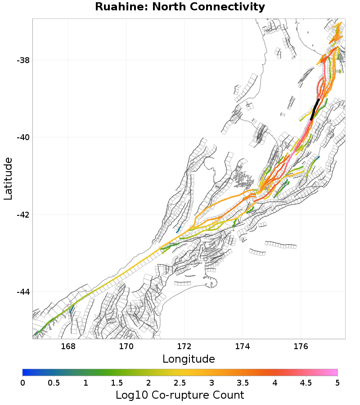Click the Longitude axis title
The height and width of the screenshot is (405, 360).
(189, 359)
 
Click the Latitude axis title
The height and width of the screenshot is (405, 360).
(8, 178)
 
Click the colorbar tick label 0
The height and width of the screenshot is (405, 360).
(22, 382)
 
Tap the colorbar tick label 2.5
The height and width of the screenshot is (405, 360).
(180, 382)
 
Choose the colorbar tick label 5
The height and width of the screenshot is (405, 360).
(337, 382)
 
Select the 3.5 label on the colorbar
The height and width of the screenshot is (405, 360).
(243, 382)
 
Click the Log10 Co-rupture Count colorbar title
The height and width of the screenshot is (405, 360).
(180, 395)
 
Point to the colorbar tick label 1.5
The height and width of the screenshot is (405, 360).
(117, 382)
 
